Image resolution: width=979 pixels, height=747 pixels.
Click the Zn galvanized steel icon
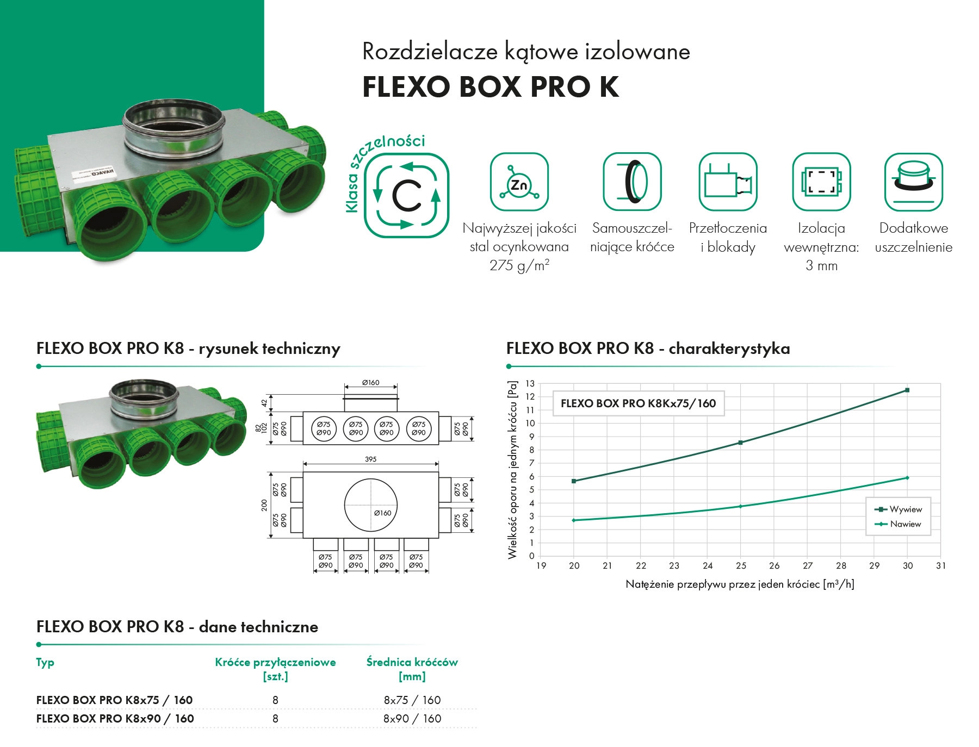[519, 182]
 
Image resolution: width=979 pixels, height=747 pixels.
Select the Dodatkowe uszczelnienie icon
[913, 182]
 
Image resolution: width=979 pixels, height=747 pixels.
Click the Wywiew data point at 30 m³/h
[907, 390]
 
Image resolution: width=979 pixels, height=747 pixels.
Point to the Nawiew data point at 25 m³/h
[740, 506]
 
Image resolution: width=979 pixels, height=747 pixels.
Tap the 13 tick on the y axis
[530, 384]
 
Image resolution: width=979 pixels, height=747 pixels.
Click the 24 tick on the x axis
[707, 566]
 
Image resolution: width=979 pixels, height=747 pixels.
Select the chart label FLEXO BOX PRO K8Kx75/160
[638, 403]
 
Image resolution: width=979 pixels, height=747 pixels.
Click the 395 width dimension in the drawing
[370, 459]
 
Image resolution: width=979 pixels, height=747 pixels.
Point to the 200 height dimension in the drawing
[264, 505]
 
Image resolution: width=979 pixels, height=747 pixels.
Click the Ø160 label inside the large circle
[382, 513]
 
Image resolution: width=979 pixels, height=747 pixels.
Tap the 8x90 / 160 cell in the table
[412, 719]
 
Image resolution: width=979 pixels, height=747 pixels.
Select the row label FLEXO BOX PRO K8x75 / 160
[114, 700]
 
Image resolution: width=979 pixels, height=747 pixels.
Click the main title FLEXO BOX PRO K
[491, 86]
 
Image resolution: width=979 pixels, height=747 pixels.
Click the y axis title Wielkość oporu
[512, 470]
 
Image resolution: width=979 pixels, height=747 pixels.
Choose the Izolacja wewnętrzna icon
[821, 182]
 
